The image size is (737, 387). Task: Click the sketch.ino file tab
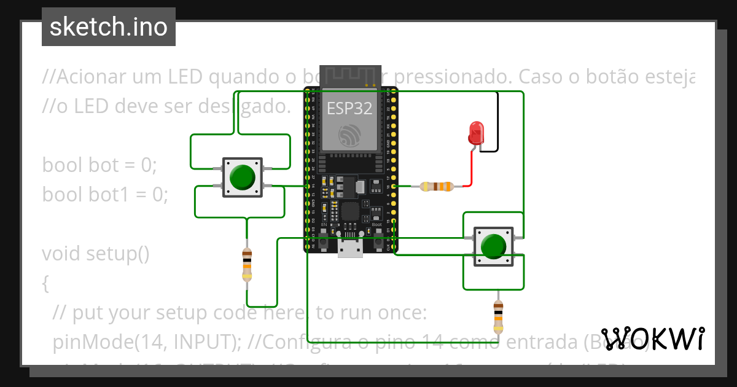[108, 27]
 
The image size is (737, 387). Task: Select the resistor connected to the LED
[437, 186]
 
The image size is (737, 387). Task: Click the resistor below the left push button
[247, 265]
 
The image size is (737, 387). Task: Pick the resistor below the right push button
[498, 316]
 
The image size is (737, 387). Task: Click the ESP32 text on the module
[349, 109]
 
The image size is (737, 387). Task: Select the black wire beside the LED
[497, 123]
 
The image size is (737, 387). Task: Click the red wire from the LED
[472, 169]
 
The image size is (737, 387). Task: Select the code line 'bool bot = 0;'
[100, 165]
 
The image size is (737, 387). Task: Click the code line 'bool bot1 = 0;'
[105, 194]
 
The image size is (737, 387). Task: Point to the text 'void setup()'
[96, 253]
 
